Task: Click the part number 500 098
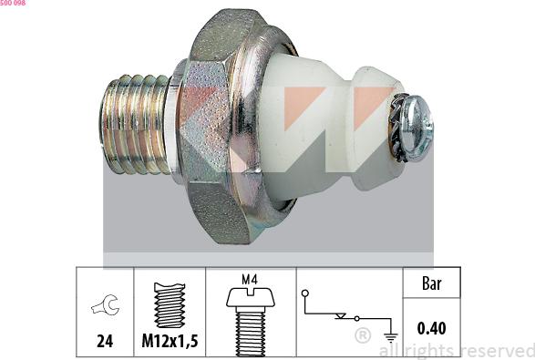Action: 13,3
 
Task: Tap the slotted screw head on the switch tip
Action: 417,128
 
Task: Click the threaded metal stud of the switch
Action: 134,124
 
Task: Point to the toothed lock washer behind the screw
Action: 396,127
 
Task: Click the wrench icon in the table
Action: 106,304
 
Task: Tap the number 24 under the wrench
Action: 105,341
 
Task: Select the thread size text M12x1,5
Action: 170,341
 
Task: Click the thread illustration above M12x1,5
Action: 170,304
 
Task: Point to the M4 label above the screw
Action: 250,280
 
